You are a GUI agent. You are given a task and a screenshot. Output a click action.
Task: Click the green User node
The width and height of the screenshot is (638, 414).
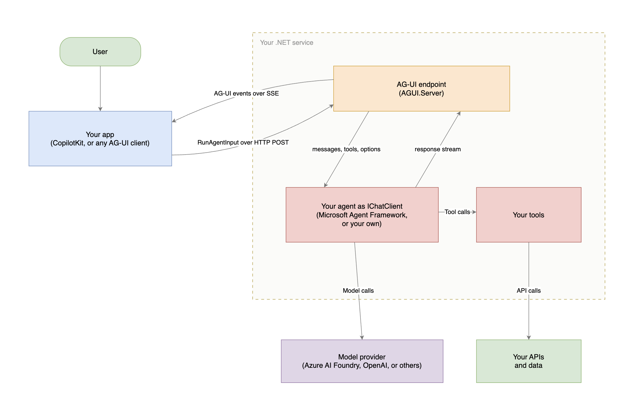pyautogui.click(x=100, y=52)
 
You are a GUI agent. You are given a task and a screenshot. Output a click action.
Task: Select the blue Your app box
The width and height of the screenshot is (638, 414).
pyautogui.click(x=100, y=139)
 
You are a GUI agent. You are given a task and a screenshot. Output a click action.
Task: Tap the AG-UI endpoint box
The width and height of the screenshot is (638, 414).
pyautogui.click(x=422, y=89)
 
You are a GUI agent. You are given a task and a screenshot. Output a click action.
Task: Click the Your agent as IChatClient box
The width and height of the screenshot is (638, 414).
pyautogui.click(x=362, y=215)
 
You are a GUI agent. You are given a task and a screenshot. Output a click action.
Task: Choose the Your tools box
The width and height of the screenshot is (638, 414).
pyautogui.click(x=529, y=215)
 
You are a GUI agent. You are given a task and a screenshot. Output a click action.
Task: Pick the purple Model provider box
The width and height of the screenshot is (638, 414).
pyautogui.click(x=362, y=361)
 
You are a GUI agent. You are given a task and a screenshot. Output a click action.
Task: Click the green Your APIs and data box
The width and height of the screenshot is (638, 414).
pyautogui.click(x=529, y=361)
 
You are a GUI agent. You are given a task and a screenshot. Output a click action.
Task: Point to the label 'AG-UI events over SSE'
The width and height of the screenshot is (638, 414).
pyautogui.click(x=246, y=93)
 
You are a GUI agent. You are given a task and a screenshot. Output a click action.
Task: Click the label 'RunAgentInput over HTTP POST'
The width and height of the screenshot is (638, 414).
pyautogui.click(x=243, y=142)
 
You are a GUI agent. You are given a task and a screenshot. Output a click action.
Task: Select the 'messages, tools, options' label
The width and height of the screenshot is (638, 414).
pyautogui.click(x=346, y=149)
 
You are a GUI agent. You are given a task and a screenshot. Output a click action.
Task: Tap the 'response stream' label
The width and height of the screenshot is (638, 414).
pyautogui.click(x=438, y=149)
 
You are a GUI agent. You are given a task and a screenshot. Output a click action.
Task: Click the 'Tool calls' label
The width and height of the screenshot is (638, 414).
pyautogui.click(x=457, y=212)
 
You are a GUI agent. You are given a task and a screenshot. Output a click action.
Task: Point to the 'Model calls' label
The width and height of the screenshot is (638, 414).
pyautogui.click(x=358, y=290)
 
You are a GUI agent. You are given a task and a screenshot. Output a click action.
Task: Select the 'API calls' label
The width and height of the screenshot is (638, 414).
pyautogui.click(x=529, y=290)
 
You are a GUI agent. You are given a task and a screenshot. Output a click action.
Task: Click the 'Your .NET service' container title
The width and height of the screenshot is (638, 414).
pyautogui.click(x=287, y=43)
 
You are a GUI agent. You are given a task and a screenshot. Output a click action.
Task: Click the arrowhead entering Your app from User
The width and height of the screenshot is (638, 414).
pyautogui.click(x=100, y=109)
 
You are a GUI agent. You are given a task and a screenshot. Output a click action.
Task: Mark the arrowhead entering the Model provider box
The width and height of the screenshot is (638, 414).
pyautogui.click(x=362, y=338)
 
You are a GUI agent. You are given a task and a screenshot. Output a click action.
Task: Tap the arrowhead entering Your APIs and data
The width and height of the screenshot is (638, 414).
pyautogui.click(x=529, y=338)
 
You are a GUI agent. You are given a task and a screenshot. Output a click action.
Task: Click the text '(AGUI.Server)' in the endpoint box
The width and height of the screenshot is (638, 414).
pyautogui.click(x=422, y=93)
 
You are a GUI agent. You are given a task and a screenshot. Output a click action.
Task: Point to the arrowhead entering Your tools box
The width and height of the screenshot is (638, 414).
pyautogui.click(x=474, y=212)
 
